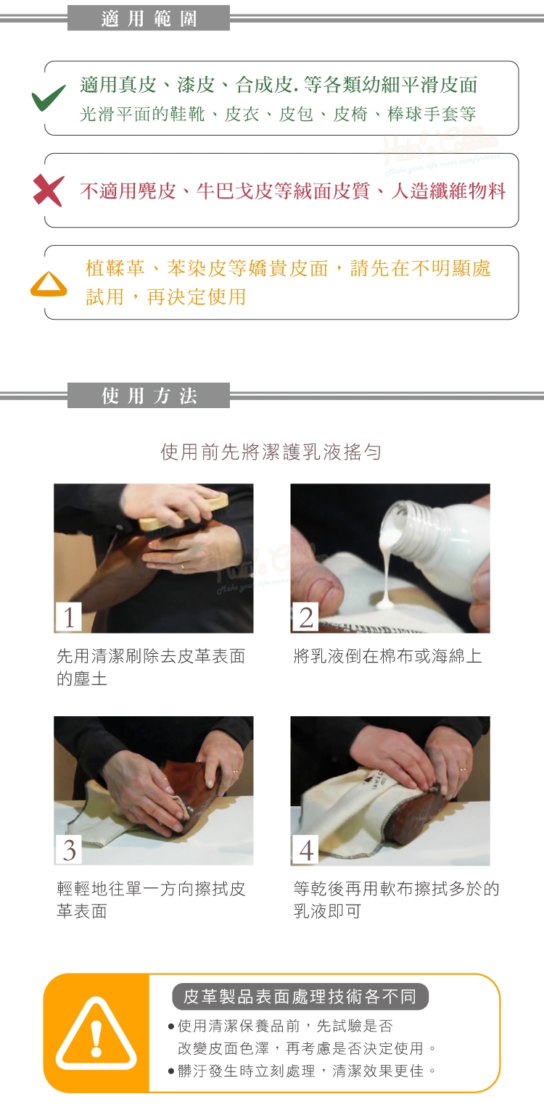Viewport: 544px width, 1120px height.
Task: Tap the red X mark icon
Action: (49, 191)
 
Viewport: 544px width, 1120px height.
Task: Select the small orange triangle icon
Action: (49, 284)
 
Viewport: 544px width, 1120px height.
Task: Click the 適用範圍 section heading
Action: (149, 19)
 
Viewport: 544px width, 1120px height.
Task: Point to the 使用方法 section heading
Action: (149, 396)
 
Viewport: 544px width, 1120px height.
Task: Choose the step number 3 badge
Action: (69, 850)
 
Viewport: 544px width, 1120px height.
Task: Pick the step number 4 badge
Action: (305, 850)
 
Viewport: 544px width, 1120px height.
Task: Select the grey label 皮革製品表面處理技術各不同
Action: (300, 997)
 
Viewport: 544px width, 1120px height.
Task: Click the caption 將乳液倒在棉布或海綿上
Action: (388, 655)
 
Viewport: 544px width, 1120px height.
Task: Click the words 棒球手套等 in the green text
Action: (432, 115)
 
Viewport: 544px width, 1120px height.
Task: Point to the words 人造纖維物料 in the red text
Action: (448, 191)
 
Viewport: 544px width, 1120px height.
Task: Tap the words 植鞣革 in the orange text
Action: (115, 268)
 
